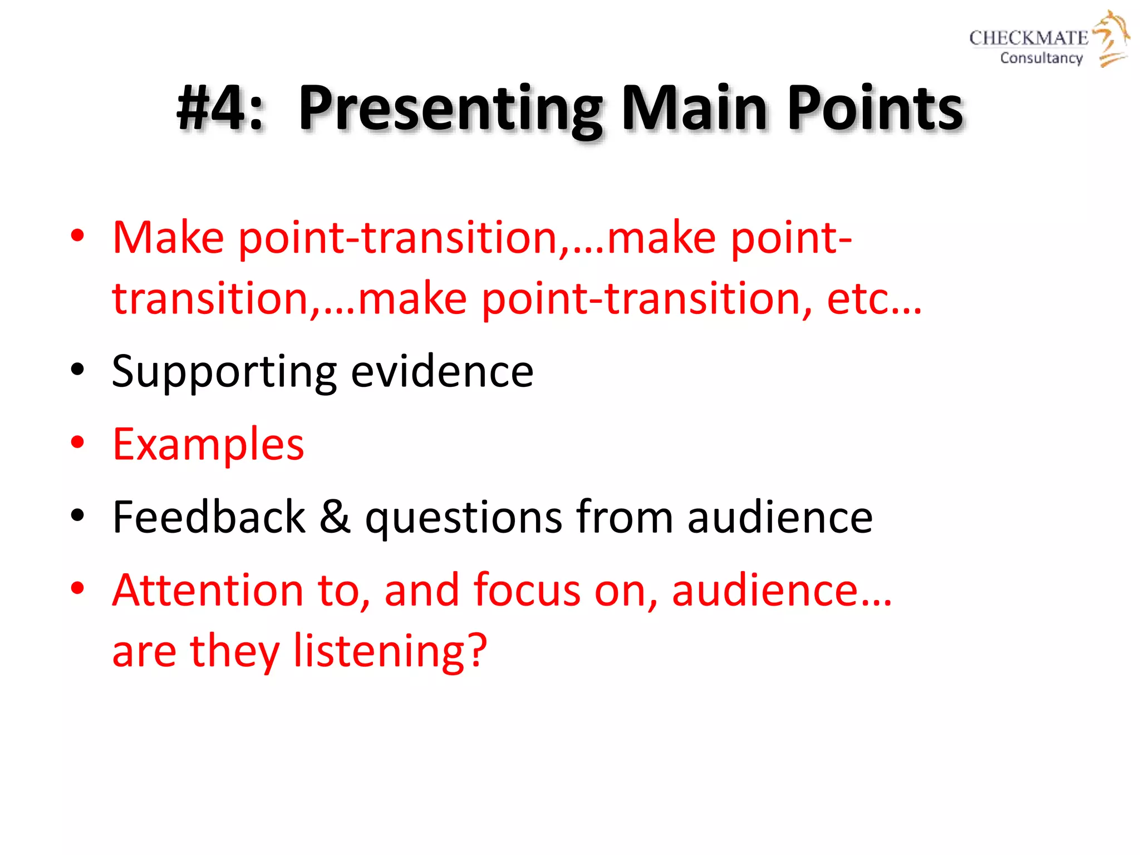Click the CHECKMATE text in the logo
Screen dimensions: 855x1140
click(1028, 38)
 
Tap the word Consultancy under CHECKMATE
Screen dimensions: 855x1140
click(1041, 58)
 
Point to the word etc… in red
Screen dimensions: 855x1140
click(874, 299)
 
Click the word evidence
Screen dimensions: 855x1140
click(442, 372)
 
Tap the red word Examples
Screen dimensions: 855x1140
click(208, 445)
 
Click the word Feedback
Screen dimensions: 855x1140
click(209, 517)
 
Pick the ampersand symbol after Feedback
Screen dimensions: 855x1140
click(335, 517)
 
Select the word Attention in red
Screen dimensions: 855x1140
click(208, 590)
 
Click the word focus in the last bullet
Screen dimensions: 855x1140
click(526, 590)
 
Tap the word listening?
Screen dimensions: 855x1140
click(390, 651)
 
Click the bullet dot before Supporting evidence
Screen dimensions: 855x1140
click(77, 370)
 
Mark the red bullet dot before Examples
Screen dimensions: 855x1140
click(77, 443)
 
